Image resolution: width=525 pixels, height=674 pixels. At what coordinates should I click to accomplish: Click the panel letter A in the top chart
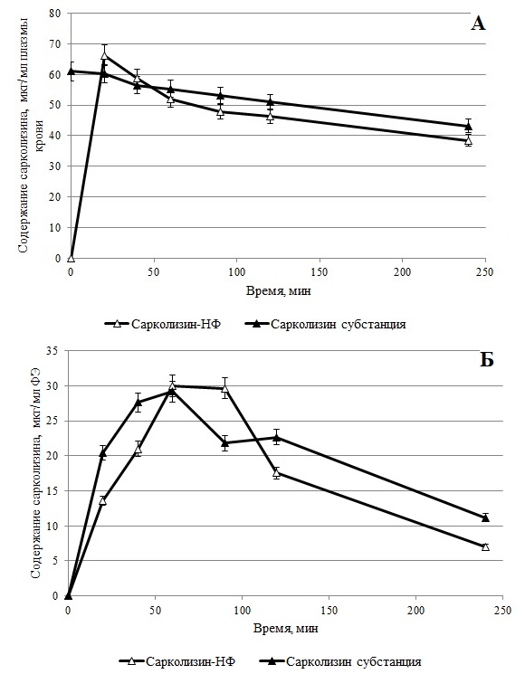click(478, 24)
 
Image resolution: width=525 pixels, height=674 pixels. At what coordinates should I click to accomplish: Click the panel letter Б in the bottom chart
click(486, 360)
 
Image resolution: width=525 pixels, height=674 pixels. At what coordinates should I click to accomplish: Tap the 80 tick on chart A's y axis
click(56, 14)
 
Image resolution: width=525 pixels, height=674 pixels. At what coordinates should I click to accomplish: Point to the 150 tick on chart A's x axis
click(320, 272)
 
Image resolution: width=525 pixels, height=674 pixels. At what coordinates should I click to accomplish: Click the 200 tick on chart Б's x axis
click(415, 610)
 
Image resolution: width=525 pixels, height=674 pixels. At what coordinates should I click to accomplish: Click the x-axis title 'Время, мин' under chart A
click(278, 291)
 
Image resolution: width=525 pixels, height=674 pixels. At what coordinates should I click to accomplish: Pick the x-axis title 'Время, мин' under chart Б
click(286, 629)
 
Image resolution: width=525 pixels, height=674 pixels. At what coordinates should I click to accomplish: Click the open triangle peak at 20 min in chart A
click(104, 55)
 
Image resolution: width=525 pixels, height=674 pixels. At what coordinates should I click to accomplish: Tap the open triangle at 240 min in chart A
click(469, 140)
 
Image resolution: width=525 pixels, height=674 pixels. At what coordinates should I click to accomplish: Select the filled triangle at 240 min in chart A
click(469, 126)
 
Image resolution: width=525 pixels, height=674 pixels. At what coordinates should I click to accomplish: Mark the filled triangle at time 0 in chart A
click(72, 71)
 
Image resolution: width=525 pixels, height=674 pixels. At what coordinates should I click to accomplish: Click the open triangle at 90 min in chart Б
click(224, 389)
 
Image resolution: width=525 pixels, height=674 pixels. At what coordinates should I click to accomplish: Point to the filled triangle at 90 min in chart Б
click(224, 442)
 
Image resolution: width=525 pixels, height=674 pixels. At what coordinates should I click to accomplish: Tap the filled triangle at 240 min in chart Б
click(485, 517)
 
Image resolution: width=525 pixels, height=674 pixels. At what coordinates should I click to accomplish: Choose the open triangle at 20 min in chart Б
click(103, 500)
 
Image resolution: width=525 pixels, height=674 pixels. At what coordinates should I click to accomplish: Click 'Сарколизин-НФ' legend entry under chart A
click(163, 324)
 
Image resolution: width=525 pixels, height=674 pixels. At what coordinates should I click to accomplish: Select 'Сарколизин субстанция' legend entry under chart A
click(326, 324)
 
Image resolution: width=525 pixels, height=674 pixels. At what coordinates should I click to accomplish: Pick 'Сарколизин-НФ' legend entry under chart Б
click(177, 661)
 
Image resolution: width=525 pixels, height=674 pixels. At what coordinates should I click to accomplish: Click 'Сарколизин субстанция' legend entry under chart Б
click(341, 661)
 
